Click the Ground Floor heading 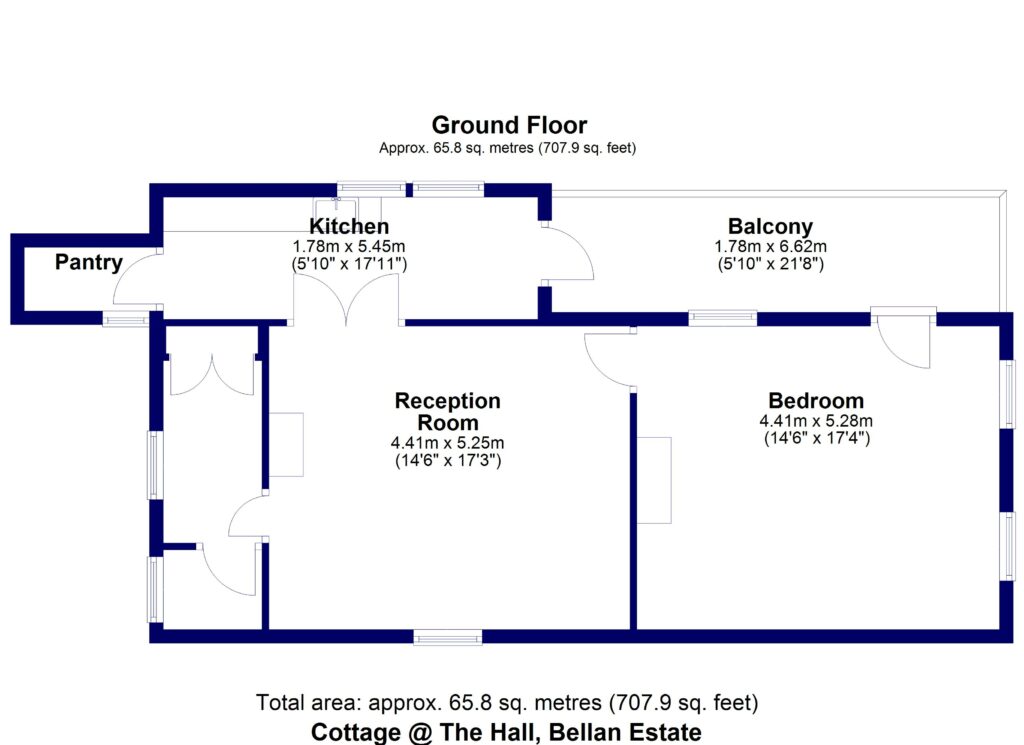tap(509, 125)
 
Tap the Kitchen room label tap(349, 226)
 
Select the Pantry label tap(89, 263)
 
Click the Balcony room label tap(770, 226)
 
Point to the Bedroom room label tap(816, 401)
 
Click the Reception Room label tap(447, 411)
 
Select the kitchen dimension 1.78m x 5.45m tap(349, 246)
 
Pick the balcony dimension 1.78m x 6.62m tap(770, 246)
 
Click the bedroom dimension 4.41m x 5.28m tap(816, 421)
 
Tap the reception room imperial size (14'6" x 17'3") tap(447, 461)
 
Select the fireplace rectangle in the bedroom tap(656, 480)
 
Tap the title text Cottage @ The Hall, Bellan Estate tap(506, 731)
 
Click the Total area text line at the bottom tap(507, 702)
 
